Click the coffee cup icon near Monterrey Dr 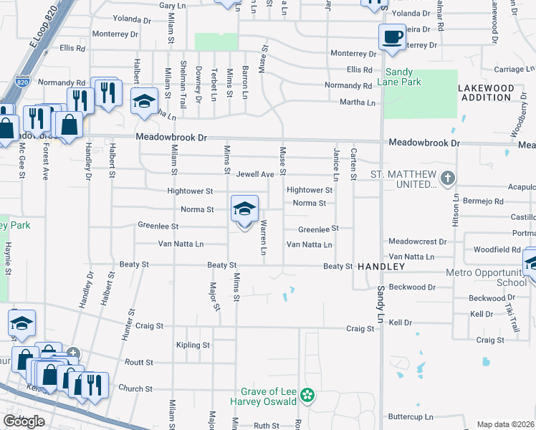(x=392, y=37)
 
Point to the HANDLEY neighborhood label (x=382, y=267)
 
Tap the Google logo (x=24, y=421)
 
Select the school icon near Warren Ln (x=244, y=209)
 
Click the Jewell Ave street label (x=256, y=174)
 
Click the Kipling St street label (x=193, y=345)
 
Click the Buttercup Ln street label (x=410, y=416)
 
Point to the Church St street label (x=130, y=389)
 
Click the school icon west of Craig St (x=21, y=323)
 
